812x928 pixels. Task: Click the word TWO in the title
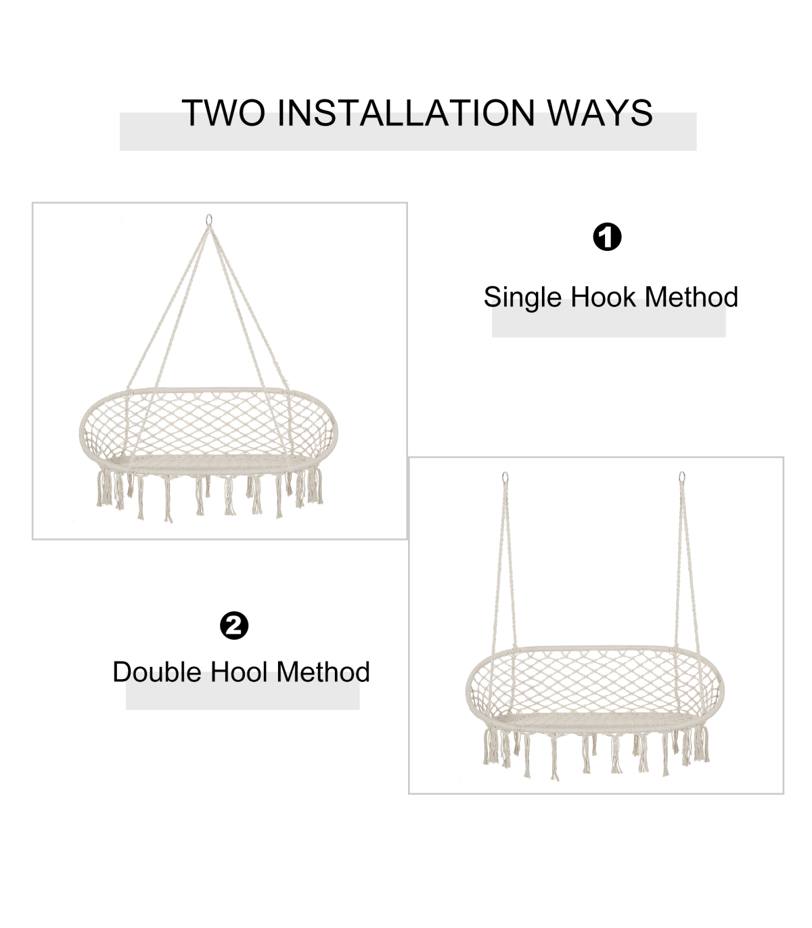(x=224, y=112)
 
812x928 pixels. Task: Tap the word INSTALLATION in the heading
(x=406, y=112)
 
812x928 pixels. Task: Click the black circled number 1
(x=607, y=237)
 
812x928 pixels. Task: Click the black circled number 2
(x=234, y=626)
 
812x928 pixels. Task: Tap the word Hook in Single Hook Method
(x=603, y=297)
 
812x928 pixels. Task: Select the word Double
(x=157, y=672)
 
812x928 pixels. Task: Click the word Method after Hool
(x=323, y=672)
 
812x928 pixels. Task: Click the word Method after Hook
(x=692, y=297)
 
